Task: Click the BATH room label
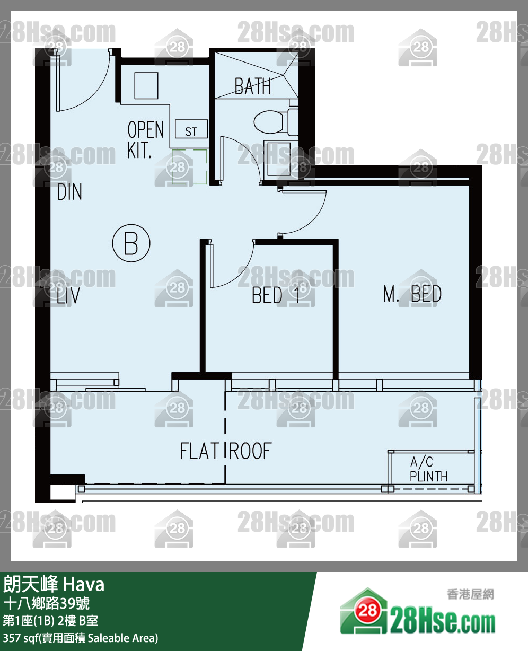click(x=253, y=86)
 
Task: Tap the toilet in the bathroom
click(x=276, y=122)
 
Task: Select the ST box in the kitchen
click(x=191, y=129)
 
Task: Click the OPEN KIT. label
click(x=145, y=139)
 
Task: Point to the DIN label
click(x=69, y=192)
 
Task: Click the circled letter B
click(x=131, y=243)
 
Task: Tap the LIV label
click(x=68, y=295)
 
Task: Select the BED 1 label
click(x=276, y=295)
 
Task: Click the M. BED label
click(x=412, y=294)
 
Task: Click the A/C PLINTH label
click(x=428, y=469)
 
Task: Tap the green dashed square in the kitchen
click(x=189, y=167)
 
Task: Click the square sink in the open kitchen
click(x=146, y=85)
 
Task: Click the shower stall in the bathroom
click(x=257, y=75)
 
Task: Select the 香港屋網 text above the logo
click(x=470, y=594)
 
